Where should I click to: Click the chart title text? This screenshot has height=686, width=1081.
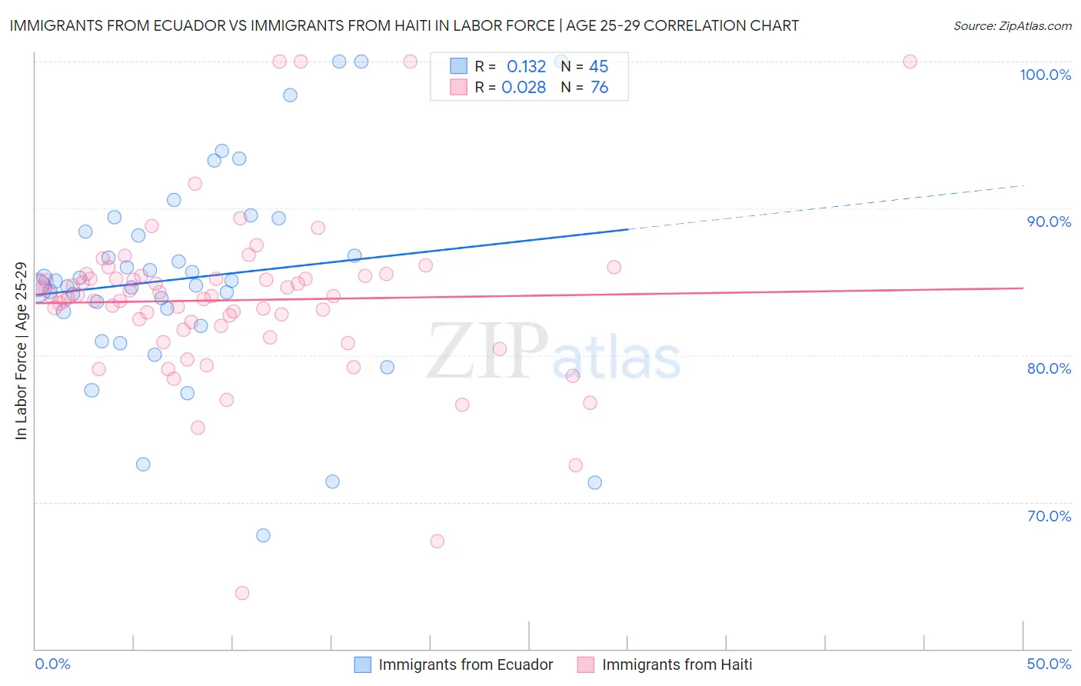pyautogui.click(x=404, y=25)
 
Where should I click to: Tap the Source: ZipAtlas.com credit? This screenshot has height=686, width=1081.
pyautogui.click(x=1012, y=25)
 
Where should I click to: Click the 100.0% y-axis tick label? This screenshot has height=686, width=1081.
pyautogui.click(x=1045, y=75)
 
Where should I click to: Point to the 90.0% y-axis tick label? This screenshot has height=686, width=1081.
pyautogui.click(x=1049, y=221)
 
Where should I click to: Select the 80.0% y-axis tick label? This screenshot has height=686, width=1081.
pyautogui.click(x=1049, y=368)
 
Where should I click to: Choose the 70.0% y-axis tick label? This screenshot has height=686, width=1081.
pyautogui.click(x=1049, y=516)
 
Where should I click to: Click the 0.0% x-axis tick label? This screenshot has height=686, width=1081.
pyautogui.click(x=52, y=664)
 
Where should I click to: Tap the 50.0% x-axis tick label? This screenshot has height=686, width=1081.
pyautogui.click(x=1049, y=664)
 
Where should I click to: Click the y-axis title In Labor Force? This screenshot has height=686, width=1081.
pyautogui.click(x=21, y=351)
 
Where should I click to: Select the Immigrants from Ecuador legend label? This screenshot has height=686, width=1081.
pyautogui.click(x=465, y=664)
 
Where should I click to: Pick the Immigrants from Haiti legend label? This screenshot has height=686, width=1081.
pyautogui.click(x=677, y=664)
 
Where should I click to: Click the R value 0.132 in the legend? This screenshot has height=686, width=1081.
pyautogui.click(x=526, y=67)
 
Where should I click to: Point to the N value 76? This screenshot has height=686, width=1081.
pyautogui.click(x=599, y=88)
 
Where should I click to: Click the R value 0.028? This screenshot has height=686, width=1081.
pyautogui.click(x=524, y=88)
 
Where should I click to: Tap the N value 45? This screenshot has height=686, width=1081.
pyautogui.click(x=598, y=67)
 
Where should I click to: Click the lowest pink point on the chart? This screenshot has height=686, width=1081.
pyautogui.click(x=241, y=593)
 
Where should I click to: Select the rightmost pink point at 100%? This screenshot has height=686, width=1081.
pyautogui.click(x=910, y=62)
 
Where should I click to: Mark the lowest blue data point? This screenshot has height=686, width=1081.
pyautogui.click(x=263, y=535)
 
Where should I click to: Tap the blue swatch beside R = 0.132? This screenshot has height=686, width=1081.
pyautogui.click(x=458, y=66)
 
